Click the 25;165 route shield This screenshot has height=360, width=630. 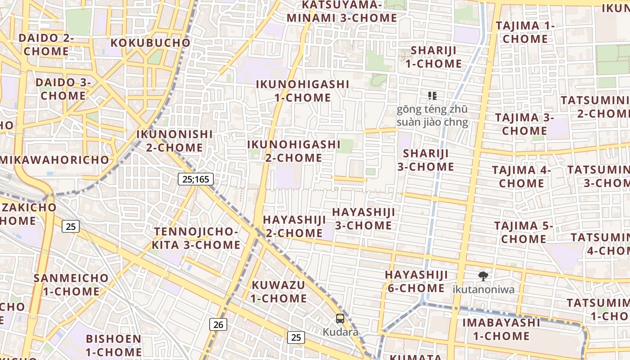[196, 179]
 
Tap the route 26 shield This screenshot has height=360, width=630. [218, 324]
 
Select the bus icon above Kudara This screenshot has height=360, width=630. [340, 319]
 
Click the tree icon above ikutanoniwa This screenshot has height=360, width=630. [483, 276]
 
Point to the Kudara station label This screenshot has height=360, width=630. [341, 332]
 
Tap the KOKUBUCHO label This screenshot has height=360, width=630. [150, 43]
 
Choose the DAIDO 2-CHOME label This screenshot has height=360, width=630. [46, 45]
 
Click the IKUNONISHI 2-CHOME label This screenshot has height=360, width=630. [174, 141]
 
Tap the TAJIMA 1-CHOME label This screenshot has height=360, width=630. [525, 32]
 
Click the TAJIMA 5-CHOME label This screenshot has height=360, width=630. [523, 232]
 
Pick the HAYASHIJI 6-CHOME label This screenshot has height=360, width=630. [416, 281]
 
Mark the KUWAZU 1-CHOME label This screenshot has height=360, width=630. [279, 292]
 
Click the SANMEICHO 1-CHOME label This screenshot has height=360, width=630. [71, 284]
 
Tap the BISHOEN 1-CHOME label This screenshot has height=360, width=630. [113, 345]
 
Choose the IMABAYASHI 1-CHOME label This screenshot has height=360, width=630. [501, 329]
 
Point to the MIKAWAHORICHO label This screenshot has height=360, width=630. [55, 160]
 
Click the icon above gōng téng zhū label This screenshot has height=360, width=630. [432, 95]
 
